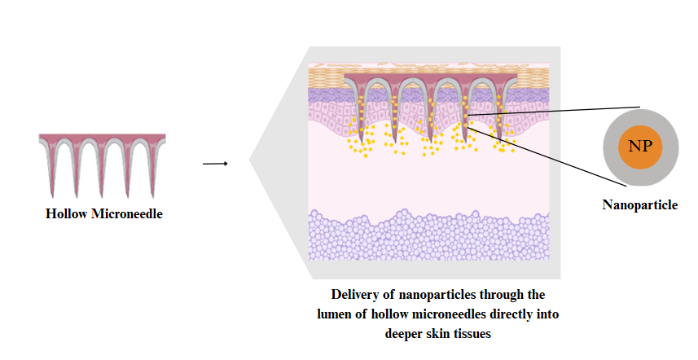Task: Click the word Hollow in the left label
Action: (65, 213)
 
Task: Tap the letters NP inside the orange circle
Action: (640, 147)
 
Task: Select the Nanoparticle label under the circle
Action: (639, 205)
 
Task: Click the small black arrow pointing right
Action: (214, 163)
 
